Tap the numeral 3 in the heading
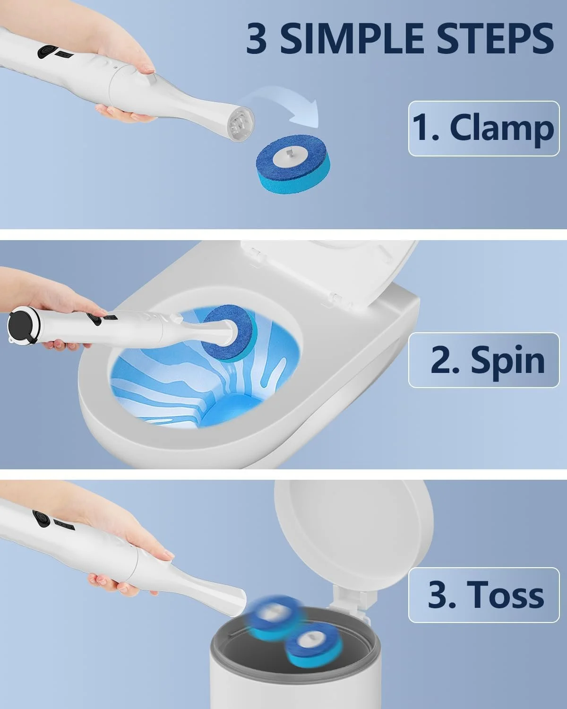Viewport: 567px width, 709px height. [256, 39]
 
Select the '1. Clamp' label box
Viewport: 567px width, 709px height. [484, 129]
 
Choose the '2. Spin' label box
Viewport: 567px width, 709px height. [484, 360]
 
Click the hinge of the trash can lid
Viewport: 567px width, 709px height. [351, 598]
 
